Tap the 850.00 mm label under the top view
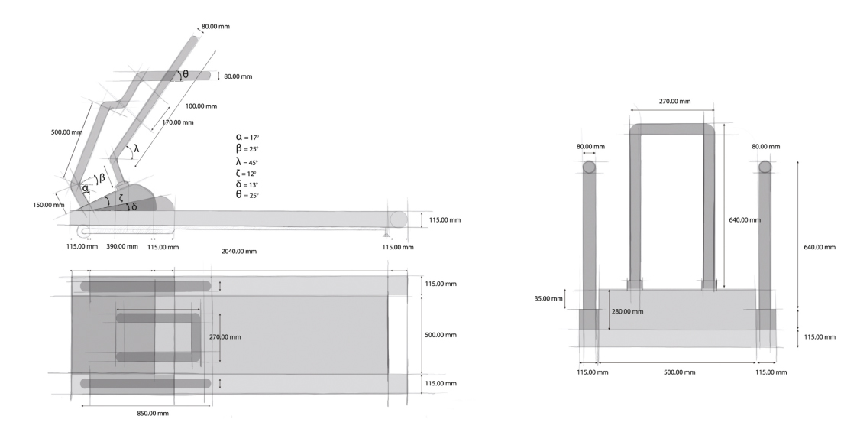(147, 413)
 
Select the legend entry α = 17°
(247, 136)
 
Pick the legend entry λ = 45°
(247, 162)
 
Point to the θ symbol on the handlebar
(185, 74)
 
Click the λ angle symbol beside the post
(137, 148)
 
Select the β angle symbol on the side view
(102, 179)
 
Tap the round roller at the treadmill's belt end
(398, 219)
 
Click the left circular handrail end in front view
(590, 167)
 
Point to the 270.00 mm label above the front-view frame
(674, 101)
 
